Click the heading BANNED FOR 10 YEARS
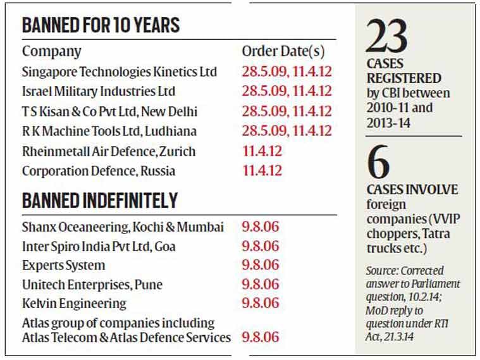click(x=101, y=25)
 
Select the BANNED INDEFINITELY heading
click(x=100, y=201)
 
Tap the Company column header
click(x=52, y=51)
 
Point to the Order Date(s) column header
click(x=288, y=51)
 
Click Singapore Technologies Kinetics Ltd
click(x=119, y=71)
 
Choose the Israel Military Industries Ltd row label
click(x=98, y=91)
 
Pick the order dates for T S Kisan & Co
click(x=286, y=111)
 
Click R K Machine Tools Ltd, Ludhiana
click(x=109, y=132)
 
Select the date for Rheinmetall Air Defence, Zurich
click(x=262, y=152)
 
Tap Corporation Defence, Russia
click(x=99, y=171)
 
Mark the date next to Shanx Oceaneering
click(x=260, y=227)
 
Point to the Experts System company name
click(x=63, y=265)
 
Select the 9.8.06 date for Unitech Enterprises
click(x=260, y=285)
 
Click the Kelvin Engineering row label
click(x=74, y=304)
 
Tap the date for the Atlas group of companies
click(x=260, y=337)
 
